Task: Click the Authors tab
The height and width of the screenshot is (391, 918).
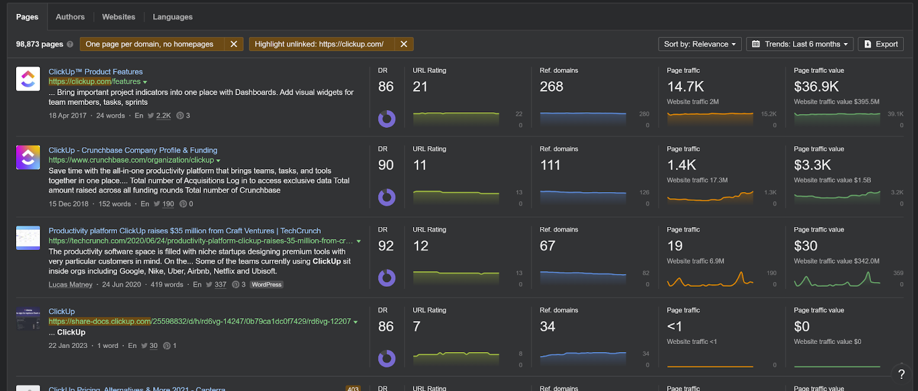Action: pyautogui.click(x=70, y=17)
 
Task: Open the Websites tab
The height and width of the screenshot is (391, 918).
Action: pyautogui.click(x=119, y=17)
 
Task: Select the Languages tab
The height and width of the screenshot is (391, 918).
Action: pyautogui.click(x=173, y=17)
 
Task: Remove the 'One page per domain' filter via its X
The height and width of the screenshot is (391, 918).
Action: pyautogui.click(x=234, y=44)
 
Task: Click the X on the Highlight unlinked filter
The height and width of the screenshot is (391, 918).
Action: pyautogui.click(x=404, y=44)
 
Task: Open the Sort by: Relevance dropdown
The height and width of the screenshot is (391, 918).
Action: pyautogui.click(x=699, y=44)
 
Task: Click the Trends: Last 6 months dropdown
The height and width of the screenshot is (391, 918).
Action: pyautogui.click(x=800, y=44)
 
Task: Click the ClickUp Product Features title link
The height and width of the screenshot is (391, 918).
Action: pyautogui.click(x=96, y=72)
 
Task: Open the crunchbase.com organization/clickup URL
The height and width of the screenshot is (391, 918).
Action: pyautogui.click(x=131, y=160)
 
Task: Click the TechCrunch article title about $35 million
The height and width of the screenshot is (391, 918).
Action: pyautogui.click(x=184, y=230)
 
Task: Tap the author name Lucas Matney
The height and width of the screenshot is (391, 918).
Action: pyautogui.click(x=71, y=284)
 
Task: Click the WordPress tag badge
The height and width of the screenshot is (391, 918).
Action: pyautogui.click(x=267, y=284)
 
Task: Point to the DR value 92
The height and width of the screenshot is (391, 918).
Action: pyautogui.click(x=386, y=246)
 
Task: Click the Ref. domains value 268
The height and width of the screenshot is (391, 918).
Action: pyautogui.click(x=551, y=87)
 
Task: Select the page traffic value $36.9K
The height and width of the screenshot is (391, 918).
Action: pyautogui.click(x=816, y=87)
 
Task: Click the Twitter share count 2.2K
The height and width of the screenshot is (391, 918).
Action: pyautogui.click(x=164, y=116)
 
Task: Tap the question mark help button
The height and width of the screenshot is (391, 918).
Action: pyautogui.click(x=901, y=374)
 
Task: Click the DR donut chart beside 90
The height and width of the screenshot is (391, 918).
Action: pyautogui.click(x=387, y=197)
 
